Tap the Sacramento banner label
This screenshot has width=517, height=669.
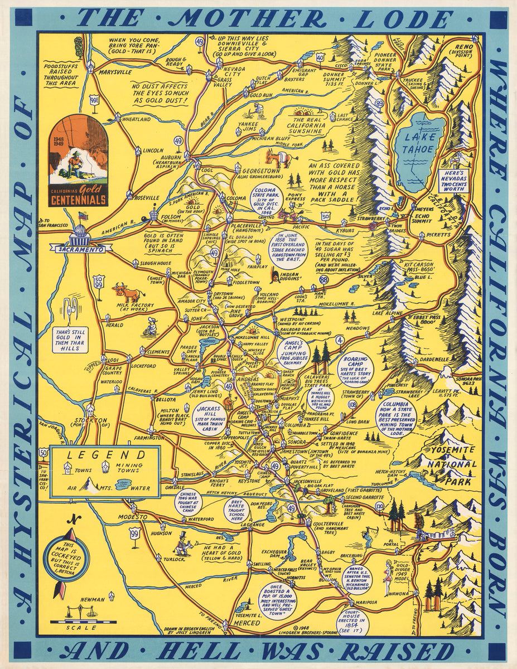[x=78, y=249]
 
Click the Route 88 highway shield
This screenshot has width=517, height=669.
[x=323, y=279]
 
